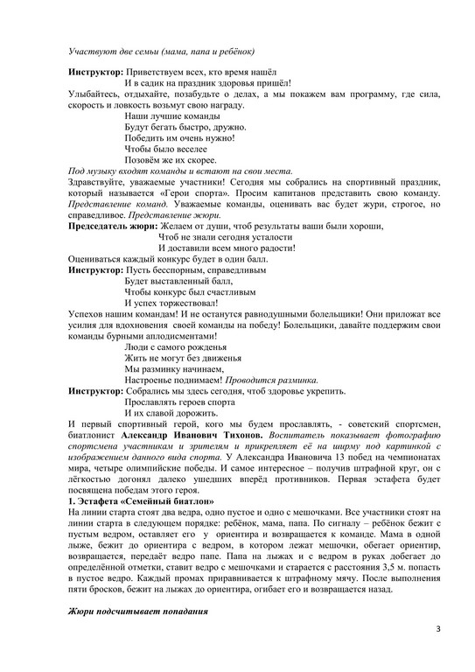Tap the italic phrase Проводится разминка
tap(271, 381)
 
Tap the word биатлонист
tap(97, 433)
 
